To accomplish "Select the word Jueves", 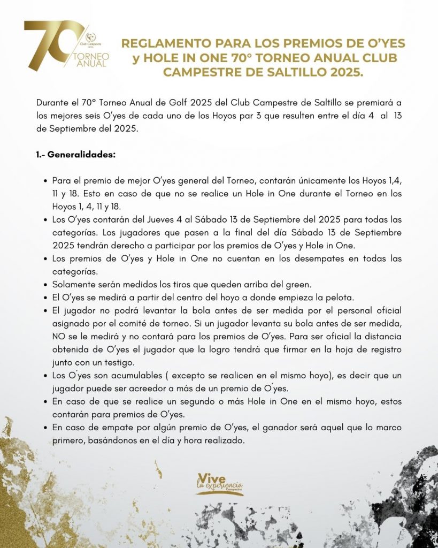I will [x=143, y=220].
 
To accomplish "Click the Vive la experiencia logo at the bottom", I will [x=219, y=483].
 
